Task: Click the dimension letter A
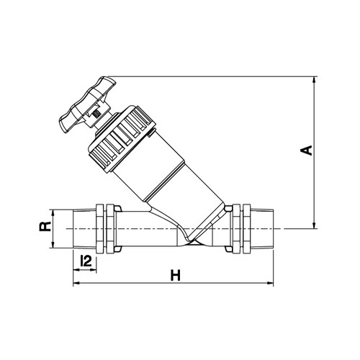pos(307,150)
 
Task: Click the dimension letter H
pos(176,275)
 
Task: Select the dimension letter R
pos(45,227)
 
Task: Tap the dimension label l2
pos(86,261)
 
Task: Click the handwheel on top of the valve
pos(88,104)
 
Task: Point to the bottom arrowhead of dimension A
pos(314,225)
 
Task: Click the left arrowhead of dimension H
pos(76,284)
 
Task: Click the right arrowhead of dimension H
pos(269,284)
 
